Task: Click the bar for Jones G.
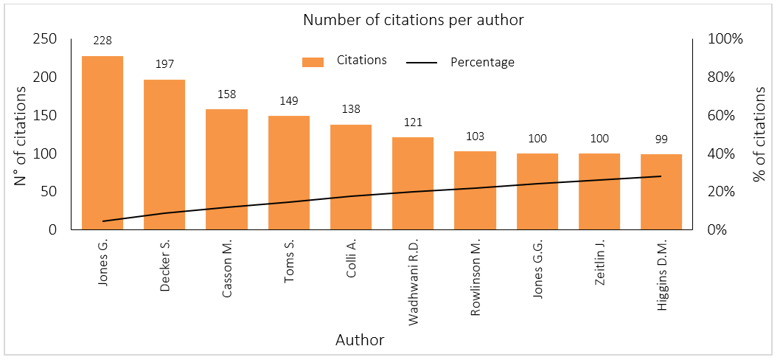(102, 142)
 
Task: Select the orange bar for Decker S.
(164, 154)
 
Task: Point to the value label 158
(226, 95)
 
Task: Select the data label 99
(661, 140)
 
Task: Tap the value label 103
(475, 137)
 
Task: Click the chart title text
(414, 20)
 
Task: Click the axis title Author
(360, 340)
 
